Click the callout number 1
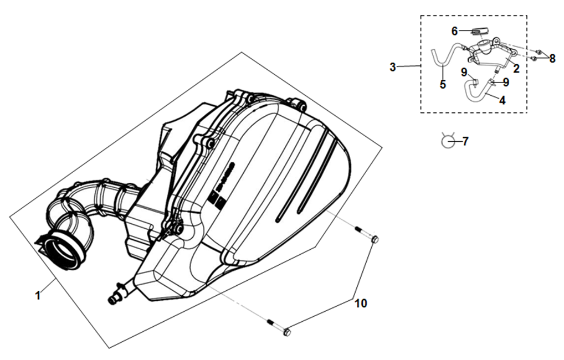(x=38, y=295)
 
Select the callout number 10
(x=361, y=304)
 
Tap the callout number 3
(x=392, y=67)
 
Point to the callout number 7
(x=465, y=142)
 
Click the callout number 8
(x=552, y=58)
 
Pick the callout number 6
(x=454, y=31)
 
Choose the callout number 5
(x=443, y=84)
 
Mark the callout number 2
(x=516, y=69)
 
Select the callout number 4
(x=502, y=101)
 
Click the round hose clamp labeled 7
(x=448, y=141)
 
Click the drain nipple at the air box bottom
(x=114, y=299)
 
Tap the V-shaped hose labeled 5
(x=442, y=56)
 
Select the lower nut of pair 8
(x=534, y=58)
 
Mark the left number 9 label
(x=464, y=71)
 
